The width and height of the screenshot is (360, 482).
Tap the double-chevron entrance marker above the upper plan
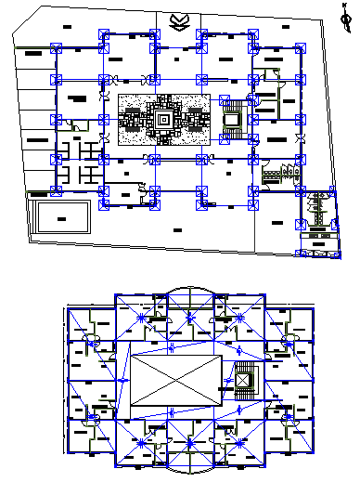[x=178, y=20]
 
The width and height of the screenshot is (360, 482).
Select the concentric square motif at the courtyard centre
[x=163, y=119]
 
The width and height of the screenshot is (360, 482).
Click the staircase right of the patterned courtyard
[x=232, y=120]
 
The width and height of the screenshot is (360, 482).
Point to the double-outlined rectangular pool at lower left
[x=62, y=217]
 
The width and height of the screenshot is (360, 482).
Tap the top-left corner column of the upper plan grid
[x=56, y=46]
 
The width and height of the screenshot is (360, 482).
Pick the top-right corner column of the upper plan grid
[x=298, y=46]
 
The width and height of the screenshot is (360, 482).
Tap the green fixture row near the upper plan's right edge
[x=280, y=172]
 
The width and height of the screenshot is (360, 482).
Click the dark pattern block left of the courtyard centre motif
[x=132, y=119]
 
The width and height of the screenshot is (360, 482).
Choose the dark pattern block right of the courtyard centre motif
[x=195, y=119]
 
